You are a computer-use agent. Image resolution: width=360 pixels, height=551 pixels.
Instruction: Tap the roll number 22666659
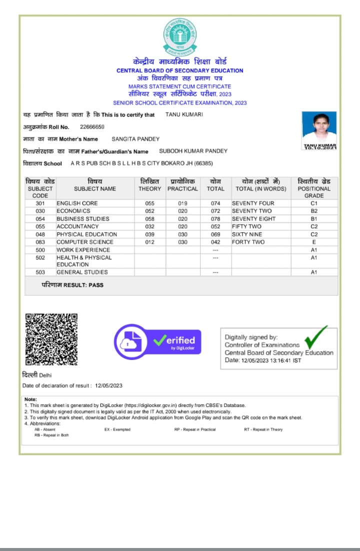[92, 127]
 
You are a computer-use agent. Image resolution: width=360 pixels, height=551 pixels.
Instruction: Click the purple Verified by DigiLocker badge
[157, 339]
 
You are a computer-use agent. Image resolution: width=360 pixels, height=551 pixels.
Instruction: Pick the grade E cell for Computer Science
[314, 242]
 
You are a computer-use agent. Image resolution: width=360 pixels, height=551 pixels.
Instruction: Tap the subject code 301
[40, 203]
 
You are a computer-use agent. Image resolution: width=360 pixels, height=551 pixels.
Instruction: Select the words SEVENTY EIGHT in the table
[253, 219]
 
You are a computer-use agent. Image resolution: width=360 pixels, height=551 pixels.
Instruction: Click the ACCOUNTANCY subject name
[75, 226]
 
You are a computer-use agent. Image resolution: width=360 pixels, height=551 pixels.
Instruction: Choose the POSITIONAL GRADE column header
[314, 188]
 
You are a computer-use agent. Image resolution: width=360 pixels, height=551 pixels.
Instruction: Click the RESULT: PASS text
[72, 285]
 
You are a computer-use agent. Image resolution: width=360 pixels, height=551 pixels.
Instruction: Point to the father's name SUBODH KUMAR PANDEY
[193, 151]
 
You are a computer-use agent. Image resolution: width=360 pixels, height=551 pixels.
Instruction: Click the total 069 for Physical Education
[215, 234]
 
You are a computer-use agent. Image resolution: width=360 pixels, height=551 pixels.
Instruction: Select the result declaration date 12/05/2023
[109, 385]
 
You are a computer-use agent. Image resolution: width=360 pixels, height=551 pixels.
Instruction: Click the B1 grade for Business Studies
[314, 219]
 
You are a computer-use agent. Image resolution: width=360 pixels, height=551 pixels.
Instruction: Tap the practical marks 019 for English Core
[182, 203]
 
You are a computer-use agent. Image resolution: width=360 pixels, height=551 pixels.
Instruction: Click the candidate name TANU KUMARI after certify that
[184, 115]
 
